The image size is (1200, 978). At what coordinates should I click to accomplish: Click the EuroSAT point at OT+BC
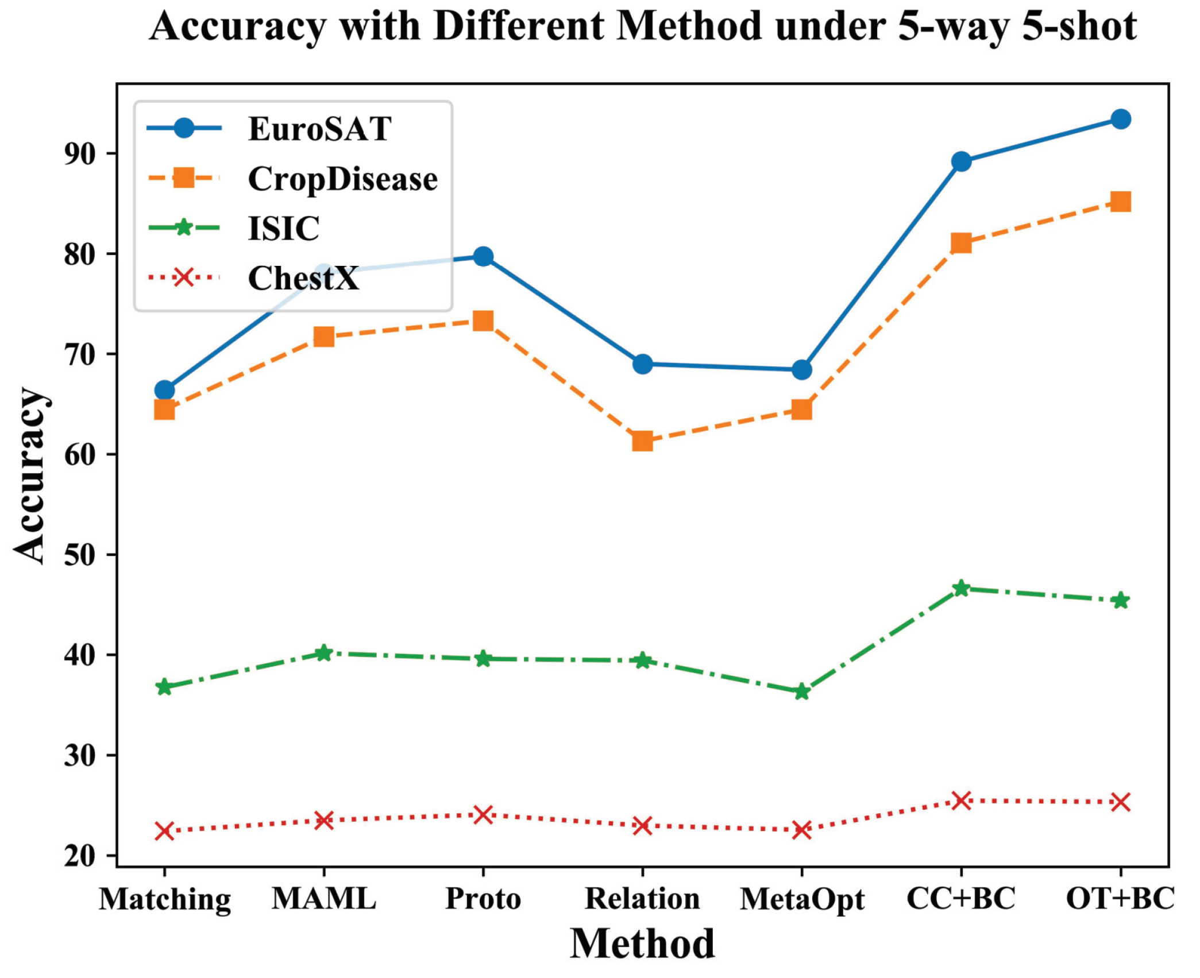pyautogui.click(x=1120, y=119)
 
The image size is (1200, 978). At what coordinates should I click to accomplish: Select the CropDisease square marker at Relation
pyautogui.click(x=642, y=441)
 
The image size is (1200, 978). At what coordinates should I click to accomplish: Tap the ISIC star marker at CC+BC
pyautogui.click(x=961, y=588)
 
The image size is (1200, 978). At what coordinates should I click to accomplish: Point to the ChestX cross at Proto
pyautogui.click(x=483, y=814)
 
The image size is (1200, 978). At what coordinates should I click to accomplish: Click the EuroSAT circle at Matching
pyautogui.click(x=165, y=391)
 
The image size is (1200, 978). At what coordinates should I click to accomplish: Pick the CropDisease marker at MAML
pyautogui.click(x=324, y=337)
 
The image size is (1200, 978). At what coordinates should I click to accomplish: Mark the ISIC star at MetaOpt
pyautogui.click(x=802, y=692)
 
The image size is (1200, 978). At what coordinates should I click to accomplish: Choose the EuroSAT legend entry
pyautogui.click(x=319, y=129)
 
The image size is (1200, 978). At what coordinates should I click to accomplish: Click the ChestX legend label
pyautogui.click(x=303, y=279)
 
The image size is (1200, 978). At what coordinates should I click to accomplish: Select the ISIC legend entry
pyautogui.click(x=283, y=229)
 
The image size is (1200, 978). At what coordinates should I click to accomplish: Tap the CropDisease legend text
pyautogui.click(x=342, y=179)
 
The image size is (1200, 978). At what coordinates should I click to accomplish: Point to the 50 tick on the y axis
pyautogui.click(x=79, y=555)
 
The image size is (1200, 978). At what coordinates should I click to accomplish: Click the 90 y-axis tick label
pyautogui.click(x=79, y=154)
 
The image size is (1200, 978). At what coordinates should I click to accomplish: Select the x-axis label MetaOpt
pyautogui.click(x=802, y=899)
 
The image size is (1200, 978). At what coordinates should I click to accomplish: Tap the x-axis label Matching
pyautogui.click(x=165, y=899)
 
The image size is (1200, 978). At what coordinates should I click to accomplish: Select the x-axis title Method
pyautogui.click(x=642, y=944)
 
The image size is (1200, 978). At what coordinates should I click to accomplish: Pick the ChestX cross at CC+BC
pyautogui.click(x=961, y=800)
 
